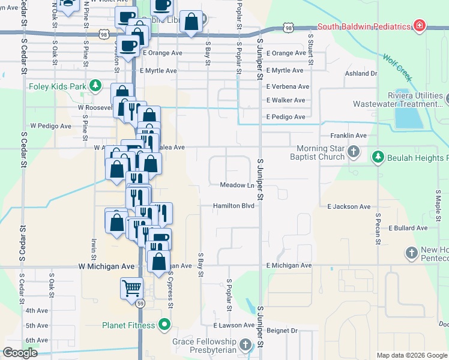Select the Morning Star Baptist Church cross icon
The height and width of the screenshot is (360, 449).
[x=354, y=152]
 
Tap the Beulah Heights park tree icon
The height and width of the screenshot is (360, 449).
[x=378, y=157]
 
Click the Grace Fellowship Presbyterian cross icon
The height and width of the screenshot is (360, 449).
[x=245, y=344]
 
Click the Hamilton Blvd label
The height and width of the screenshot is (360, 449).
[x=234, y=206]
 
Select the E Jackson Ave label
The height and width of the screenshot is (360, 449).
[x=349, y=206]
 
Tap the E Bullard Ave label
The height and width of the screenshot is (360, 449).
[x=408, y=228]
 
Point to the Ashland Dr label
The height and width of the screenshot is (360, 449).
[x=361, y=74]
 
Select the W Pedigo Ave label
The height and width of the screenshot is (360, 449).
[x=51, y=126]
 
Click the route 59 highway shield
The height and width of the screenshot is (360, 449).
[x=140, y=304]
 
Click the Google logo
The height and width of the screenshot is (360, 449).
[x=20, y=353]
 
